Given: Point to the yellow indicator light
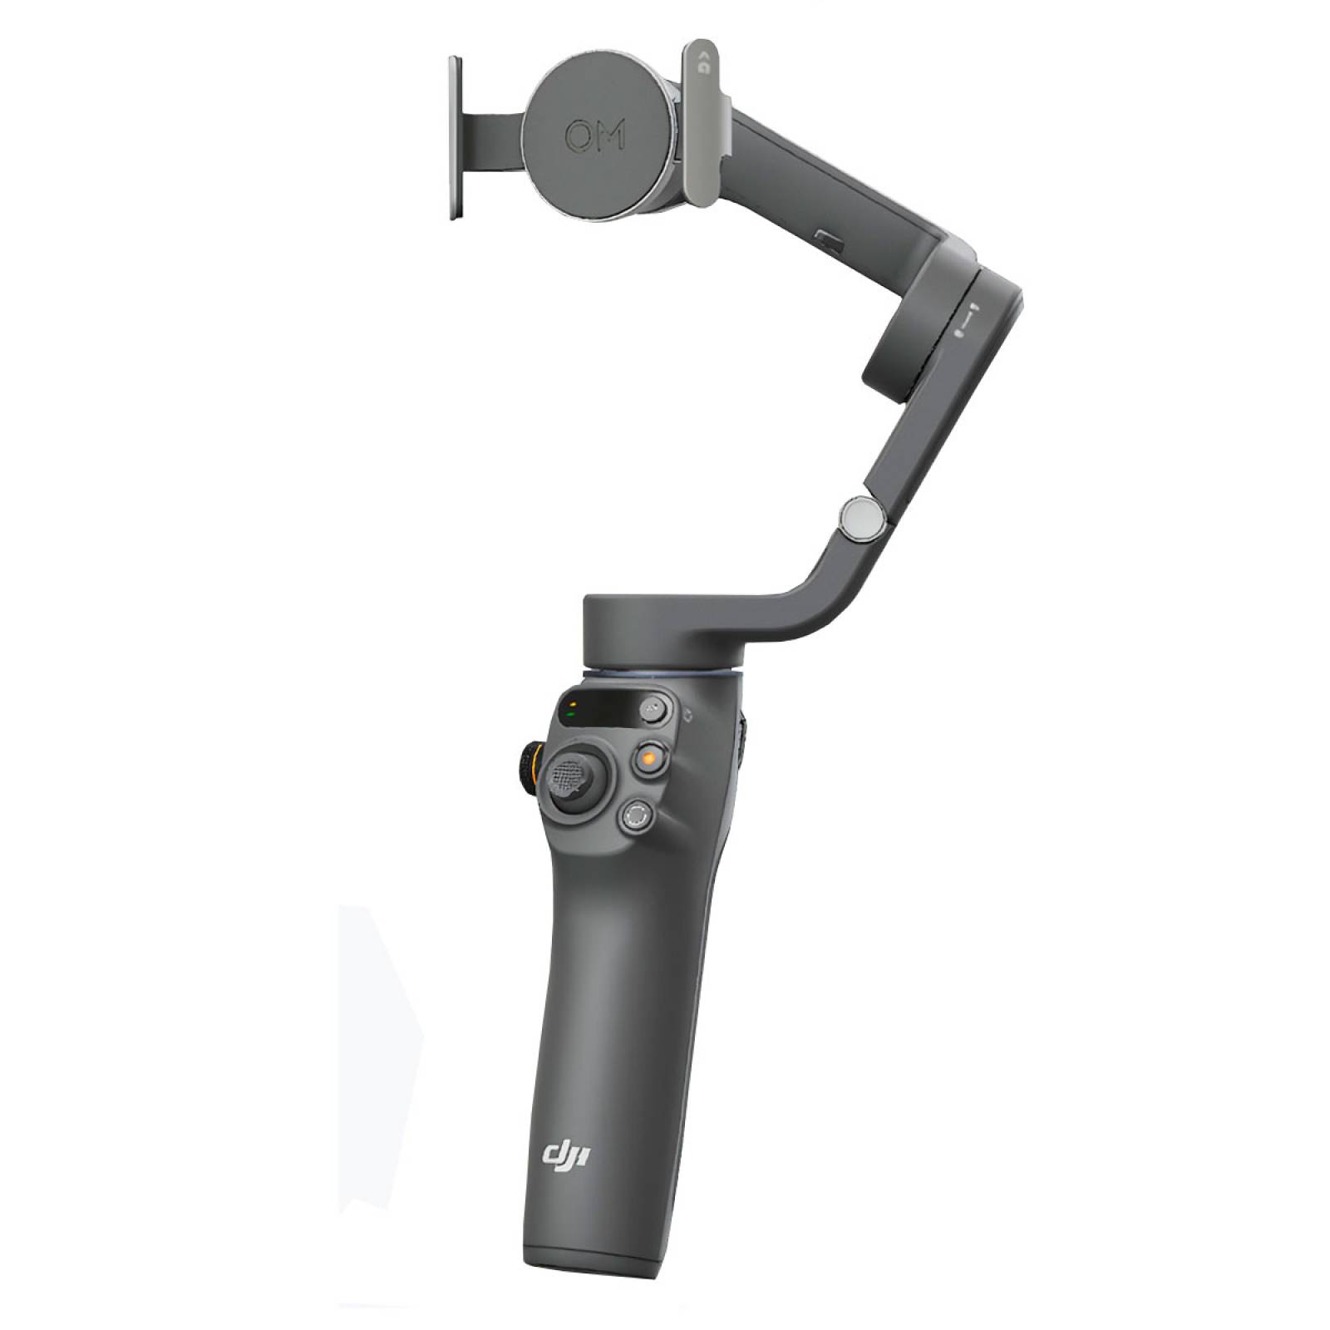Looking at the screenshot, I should coord(573,703).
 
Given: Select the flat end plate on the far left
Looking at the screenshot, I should coord(454,139).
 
